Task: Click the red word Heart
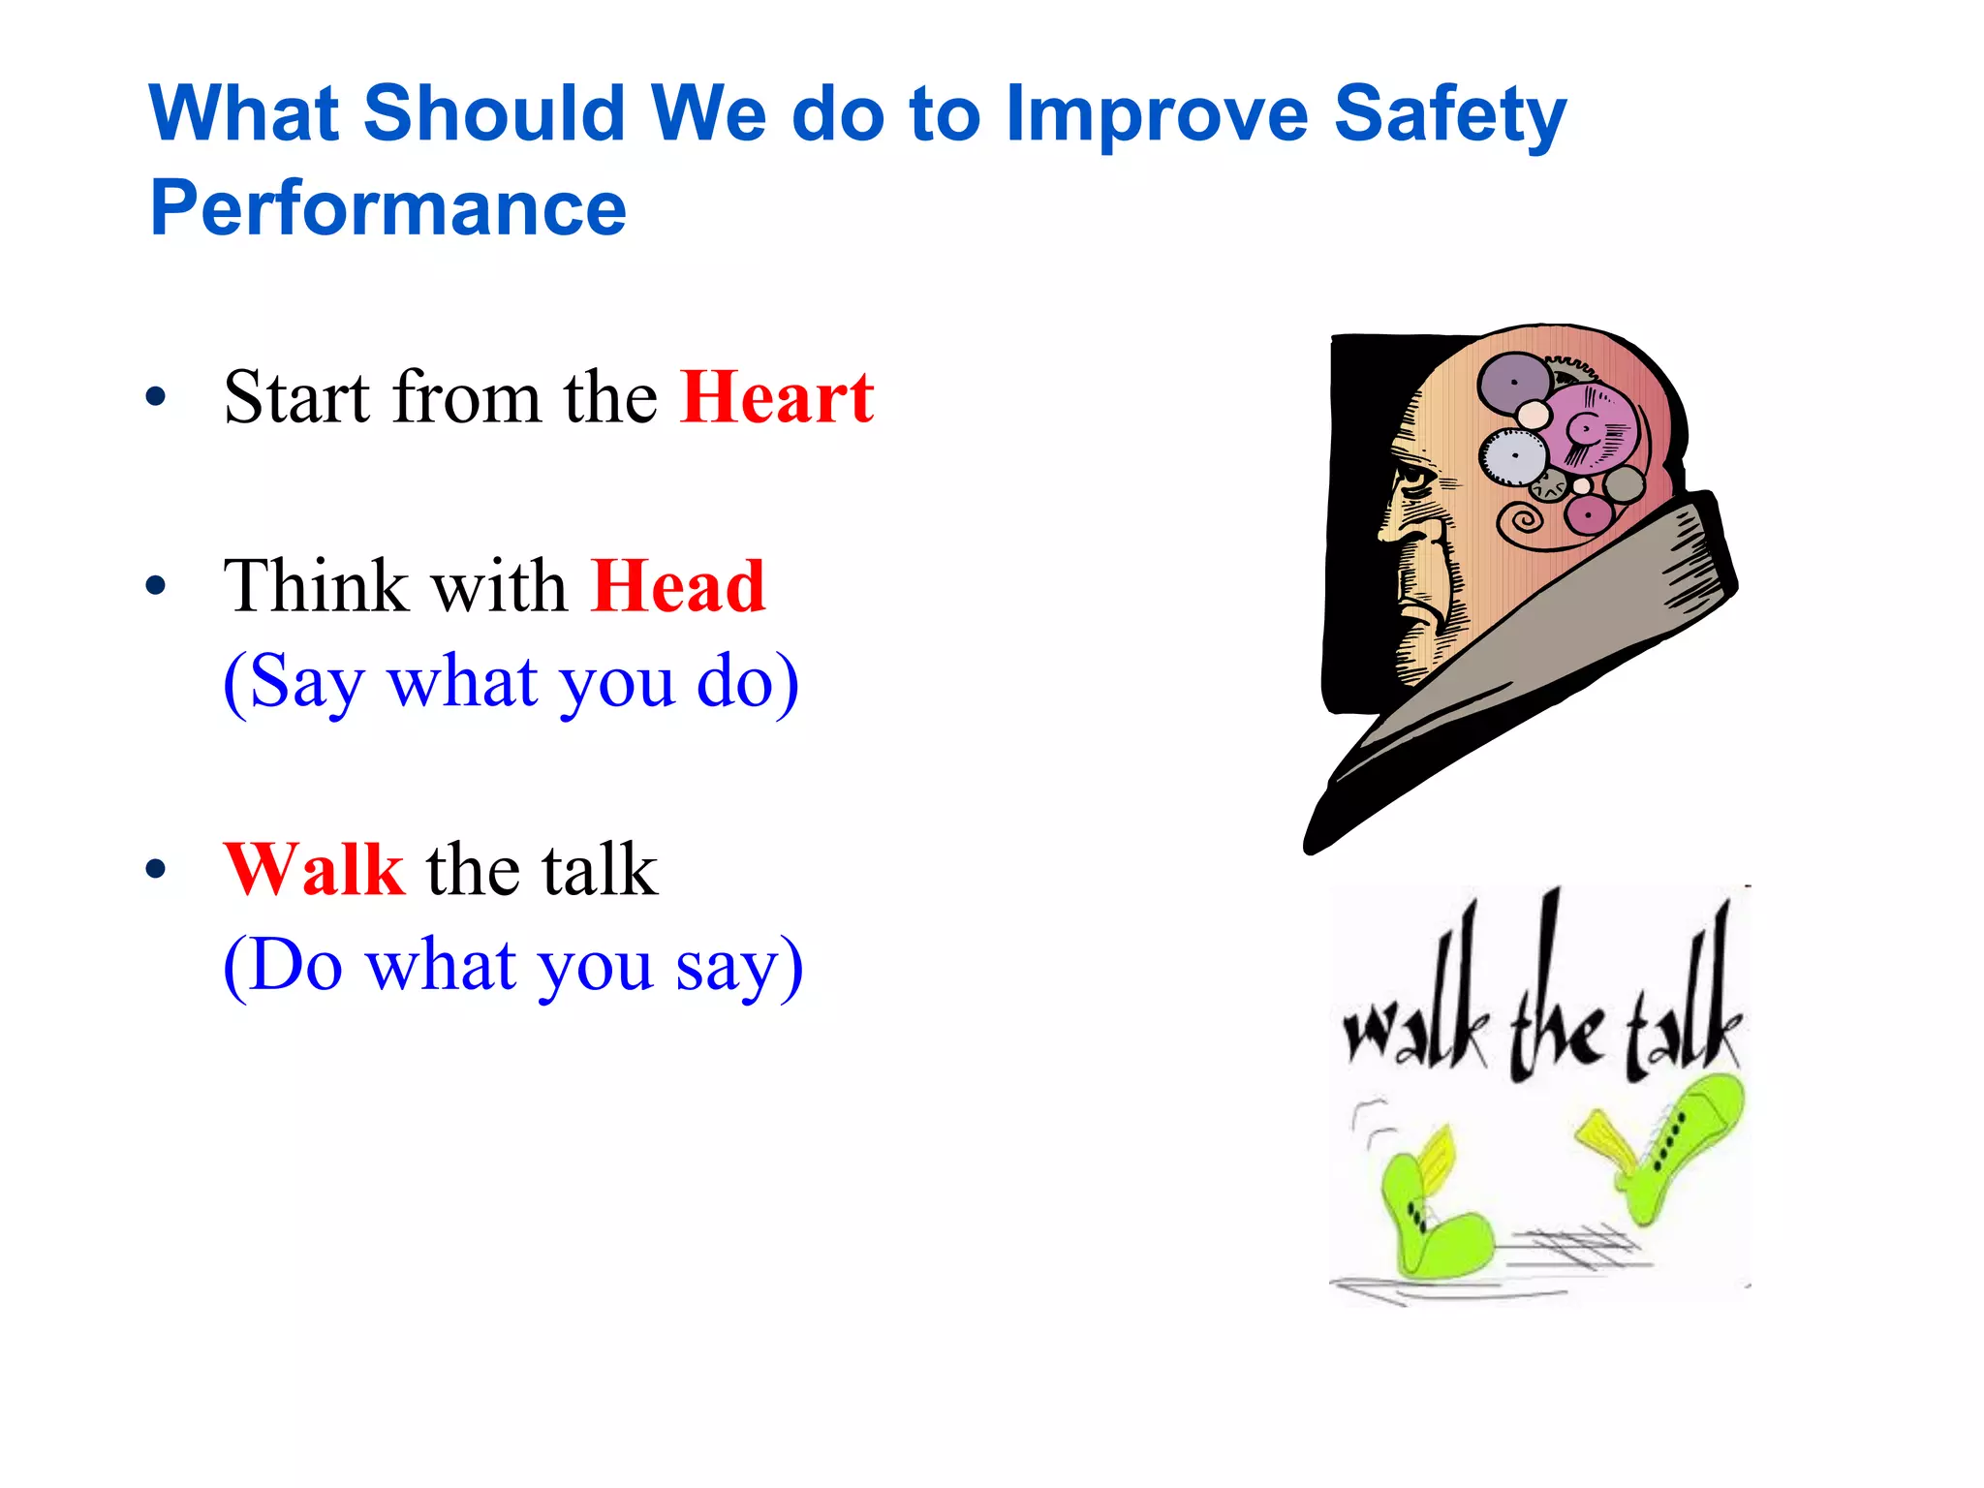click(777, 397)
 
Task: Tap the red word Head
click(678, 587)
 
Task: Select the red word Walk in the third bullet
click(313, 869)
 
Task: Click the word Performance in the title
click(387, 208)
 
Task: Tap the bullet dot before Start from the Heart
click(156, 397)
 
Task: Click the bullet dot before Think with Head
click(156, 587)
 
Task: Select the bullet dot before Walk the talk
click(156, 869)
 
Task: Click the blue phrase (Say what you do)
click(511, 682)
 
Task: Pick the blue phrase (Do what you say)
click(512, 965)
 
